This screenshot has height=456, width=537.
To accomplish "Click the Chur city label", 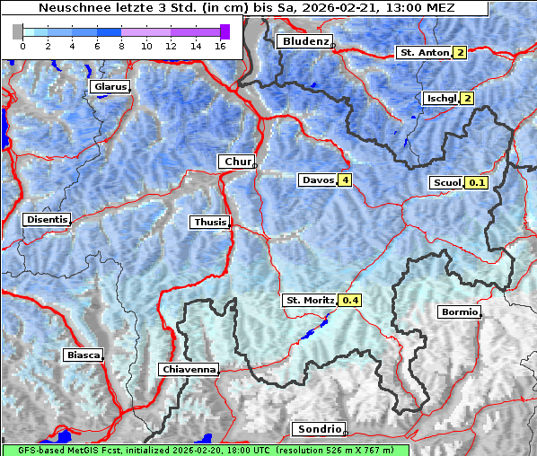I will [236, 162].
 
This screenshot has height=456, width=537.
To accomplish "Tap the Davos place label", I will [318, 180].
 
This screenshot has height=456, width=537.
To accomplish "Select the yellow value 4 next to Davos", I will [345, 180].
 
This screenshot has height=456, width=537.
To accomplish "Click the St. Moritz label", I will [309, 300].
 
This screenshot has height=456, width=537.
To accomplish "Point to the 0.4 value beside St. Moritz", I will [349, 300].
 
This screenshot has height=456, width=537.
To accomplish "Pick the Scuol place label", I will [446, 182].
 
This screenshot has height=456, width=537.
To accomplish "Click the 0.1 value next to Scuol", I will [477, 182].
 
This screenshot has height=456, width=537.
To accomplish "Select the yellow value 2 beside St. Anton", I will [460, 53].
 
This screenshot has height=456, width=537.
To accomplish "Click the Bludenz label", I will [304, 41].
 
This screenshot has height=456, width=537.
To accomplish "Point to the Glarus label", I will [109, 86].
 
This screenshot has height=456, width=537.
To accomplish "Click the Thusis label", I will [209, 222].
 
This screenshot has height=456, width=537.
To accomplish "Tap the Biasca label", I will [83, 355].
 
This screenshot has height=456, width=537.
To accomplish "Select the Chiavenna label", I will [189, 369].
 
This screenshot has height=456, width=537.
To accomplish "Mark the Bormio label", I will [459, 312].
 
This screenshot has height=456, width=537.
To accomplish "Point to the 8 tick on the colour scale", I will [122, 47].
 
